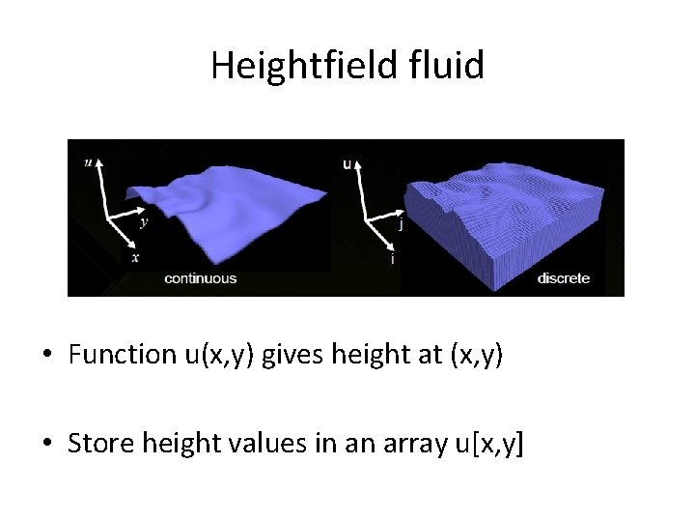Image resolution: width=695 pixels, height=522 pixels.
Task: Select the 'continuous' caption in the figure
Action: coord(200,278)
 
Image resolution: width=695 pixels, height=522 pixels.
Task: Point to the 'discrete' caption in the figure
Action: coord(563,278)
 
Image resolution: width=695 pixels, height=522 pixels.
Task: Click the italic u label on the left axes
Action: coord(88,162)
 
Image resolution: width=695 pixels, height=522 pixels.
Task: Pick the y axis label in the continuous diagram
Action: coord(144,221)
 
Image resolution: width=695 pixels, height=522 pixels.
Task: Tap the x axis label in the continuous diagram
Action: coord(135,257)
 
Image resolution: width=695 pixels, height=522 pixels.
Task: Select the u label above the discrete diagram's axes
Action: coord(347,163)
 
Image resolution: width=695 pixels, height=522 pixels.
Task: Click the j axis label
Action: coord(401,224)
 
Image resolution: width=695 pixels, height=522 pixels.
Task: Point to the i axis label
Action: coord(391,259)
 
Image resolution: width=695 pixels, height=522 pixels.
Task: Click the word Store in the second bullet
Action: coord(101,444)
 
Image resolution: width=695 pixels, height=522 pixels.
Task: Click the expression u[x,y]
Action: coord(488,444)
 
